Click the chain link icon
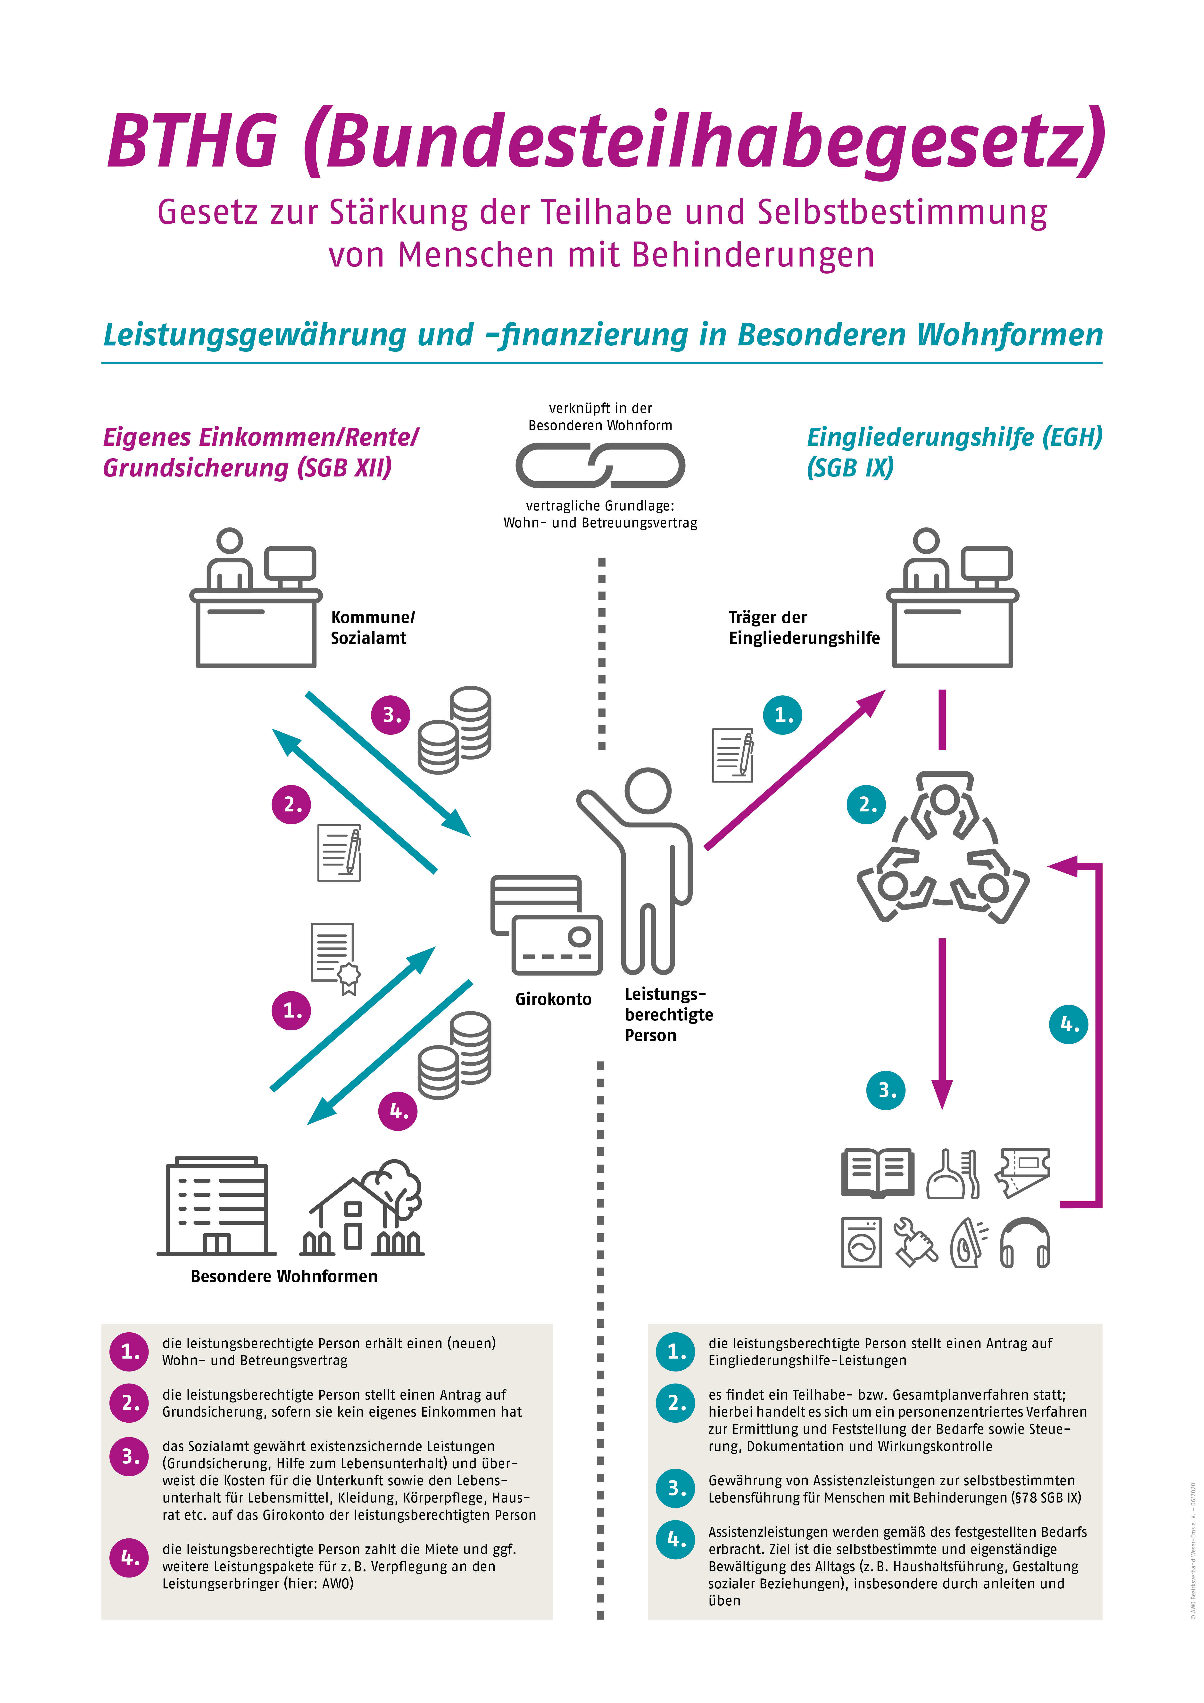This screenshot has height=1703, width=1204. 600,466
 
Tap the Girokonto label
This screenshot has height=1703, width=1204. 553,999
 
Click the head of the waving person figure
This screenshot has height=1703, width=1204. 648,791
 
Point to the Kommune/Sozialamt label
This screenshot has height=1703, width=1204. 372,627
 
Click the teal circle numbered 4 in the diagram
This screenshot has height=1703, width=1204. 1068,1024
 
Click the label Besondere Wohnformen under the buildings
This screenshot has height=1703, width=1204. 284,1277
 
